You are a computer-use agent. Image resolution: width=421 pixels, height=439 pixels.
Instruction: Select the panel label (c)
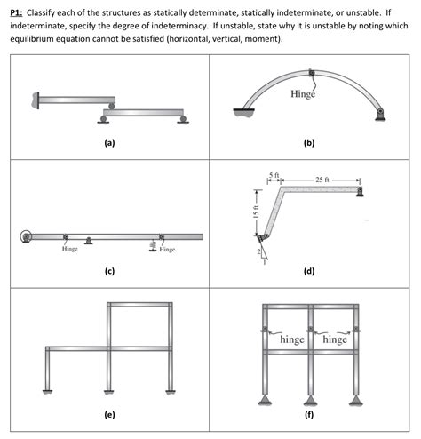point(108,270)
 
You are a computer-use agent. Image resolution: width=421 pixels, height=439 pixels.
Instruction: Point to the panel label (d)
point(309,270)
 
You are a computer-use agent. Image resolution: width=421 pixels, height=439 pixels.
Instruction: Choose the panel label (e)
point(108,413)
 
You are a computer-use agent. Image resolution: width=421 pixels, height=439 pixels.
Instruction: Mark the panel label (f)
point(309,413)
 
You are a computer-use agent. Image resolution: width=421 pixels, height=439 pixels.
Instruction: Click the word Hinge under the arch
point(303,94)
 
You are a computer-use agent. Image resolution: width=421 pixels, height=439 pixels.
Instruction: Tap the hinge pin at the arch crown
point(310,73)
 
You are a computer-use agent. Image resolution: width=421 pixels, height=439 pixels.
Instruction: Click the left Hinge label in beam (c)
point(69,250)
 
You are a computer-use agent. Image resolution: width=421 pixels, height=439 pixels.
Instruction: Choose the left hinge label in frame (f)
point(292,339)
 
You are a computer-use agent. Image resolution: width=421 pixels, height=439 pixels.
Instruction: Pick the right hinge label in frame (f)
point(336,339)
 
